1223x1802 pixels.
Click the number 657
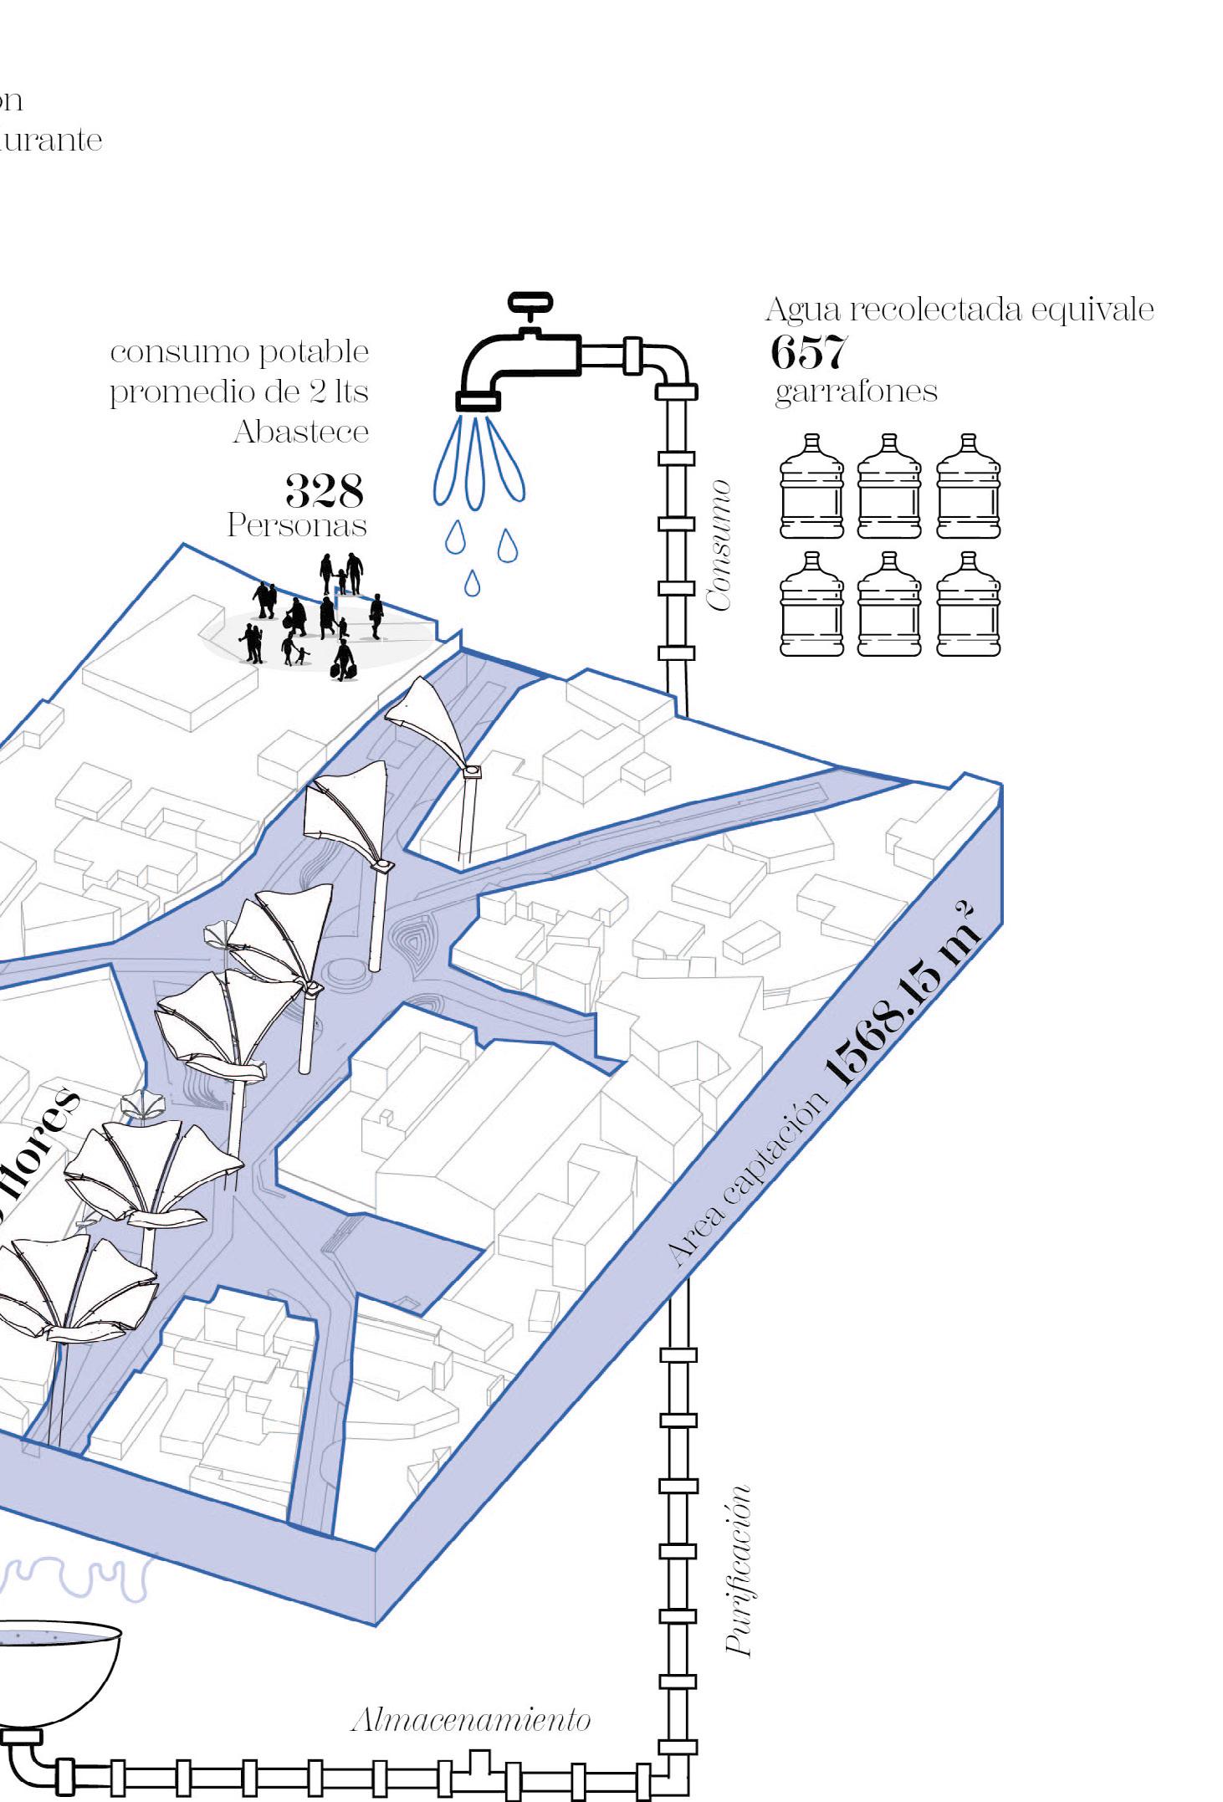click(x=808, y=352)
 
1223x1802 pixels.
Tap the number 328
click(x=324, y=490)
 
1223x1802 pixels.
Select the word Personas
click(x=297, y=525)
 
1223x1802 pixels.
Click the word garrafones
click(x=856, y=392)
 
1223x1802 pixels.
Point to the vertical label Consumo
click(x=719, y=545)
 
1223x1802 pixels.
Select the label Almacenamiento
click(x=471, y=1720)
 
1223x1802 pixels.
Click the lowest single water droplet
click(x=473, y=583)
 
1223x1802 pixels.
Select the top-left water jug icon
click(x=811, y=486)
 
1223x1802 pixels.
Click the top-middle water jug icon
click(x=889, y=486)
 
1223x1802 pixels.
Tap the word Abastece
click(x=300, y=432)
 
